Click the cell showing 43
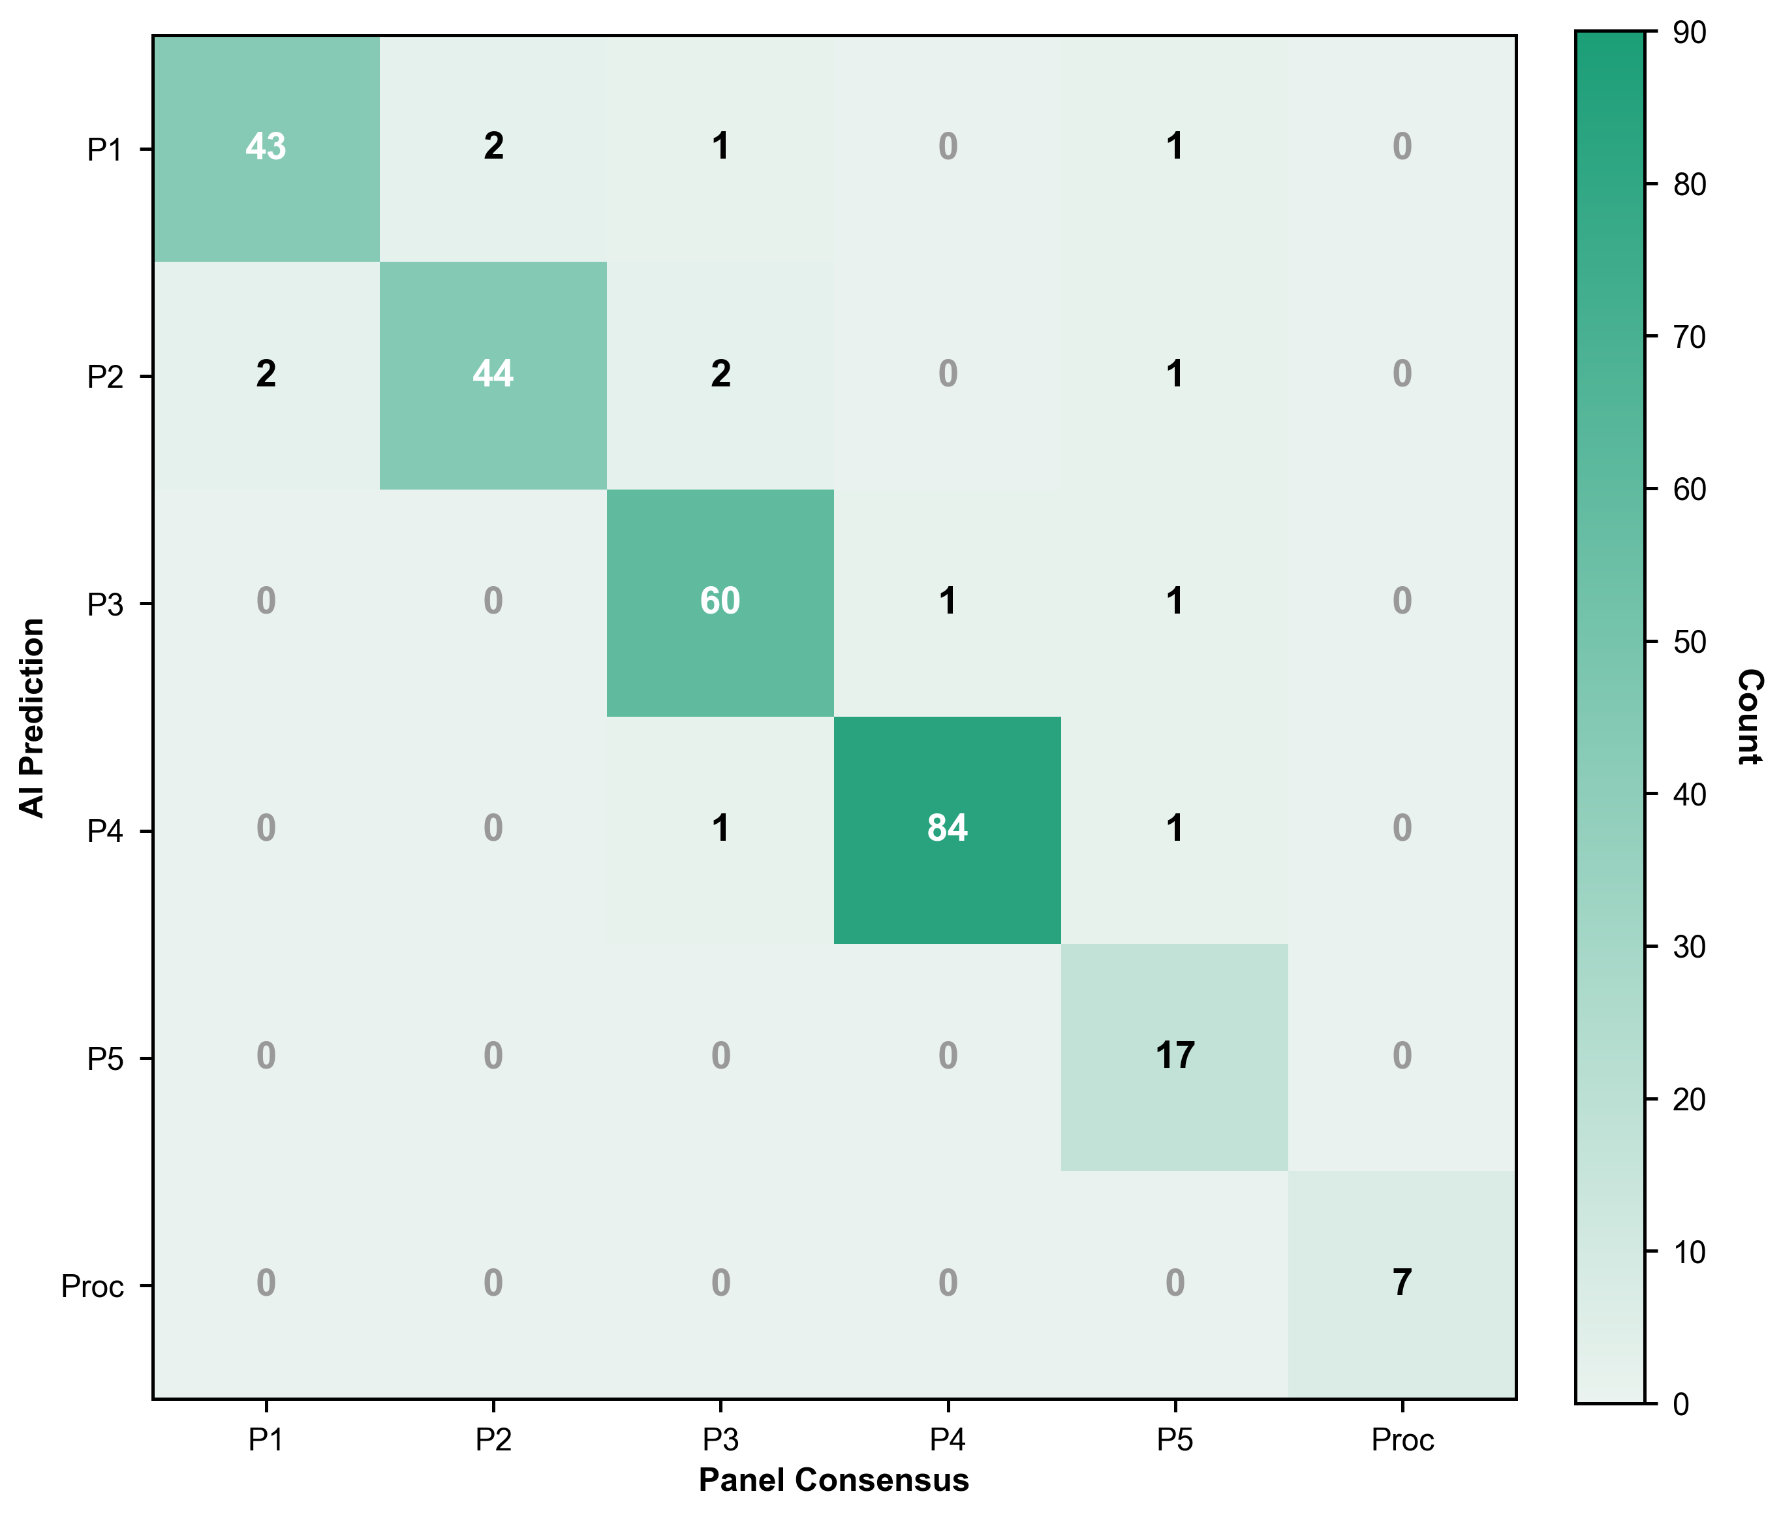[266, 147]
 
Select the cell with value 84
[947, 828]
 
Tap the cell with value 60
[720, 602]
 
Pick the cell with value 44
[493, 375]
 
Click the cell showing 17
[1174, 1056]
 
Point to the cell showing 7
[1402, 1283]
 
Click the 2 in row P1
[493, 147]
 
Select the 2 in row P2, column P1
[266, 375]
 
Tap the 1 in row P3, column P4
[947, 602]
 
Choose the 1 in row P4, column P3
[720, 828]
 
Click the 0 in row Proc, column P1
[266, 1283]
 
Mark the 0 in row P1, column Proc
[1402, 147]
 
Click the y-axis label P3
[106, 604]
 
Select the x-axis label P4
[947, 1439]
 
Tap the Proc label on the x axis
[1402, 1439]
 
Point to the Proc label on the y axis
[92, 1287]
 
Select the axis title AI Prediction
[33, 717]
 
